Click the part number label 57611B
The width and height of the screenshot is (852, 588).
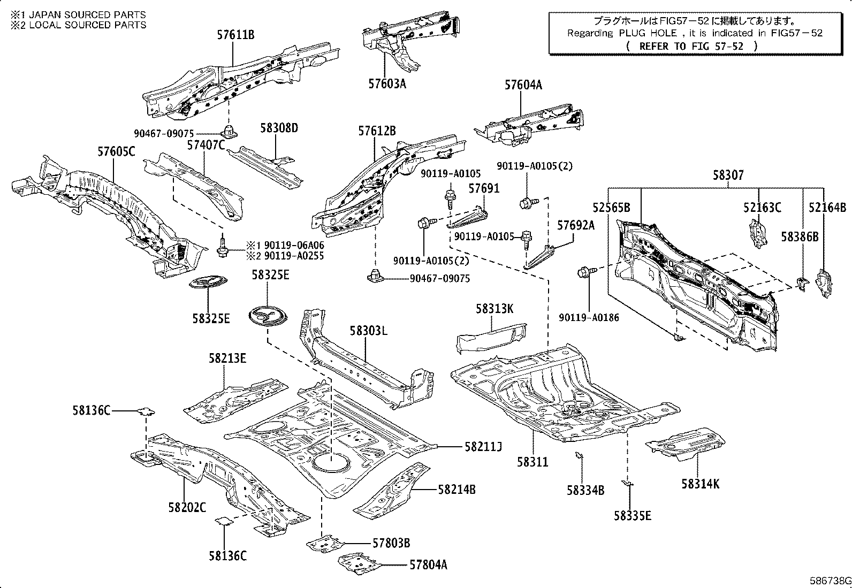(235, 35)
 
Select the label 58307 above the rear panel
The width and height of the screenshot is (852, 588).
(728, 175)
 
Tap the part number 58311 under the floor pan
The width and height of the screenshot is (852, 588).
(532, 461)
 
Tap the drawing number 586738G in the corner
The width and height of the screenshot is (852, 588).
(830, 581)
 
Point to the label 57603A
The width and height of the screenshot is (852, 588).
(387, 84)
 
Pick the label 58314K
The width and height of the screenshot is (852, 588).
(701, 484)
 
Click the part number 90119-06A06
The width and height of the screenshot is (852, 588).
(293, 245)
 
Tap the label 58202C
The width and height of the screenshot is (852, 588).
(187, 507)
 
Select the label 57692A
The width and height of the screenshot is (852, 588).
(576, 225)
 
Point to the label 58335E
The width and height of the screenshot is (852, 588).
(633, 516)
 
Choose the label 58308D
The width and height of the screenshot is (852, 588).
(279, 128)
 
